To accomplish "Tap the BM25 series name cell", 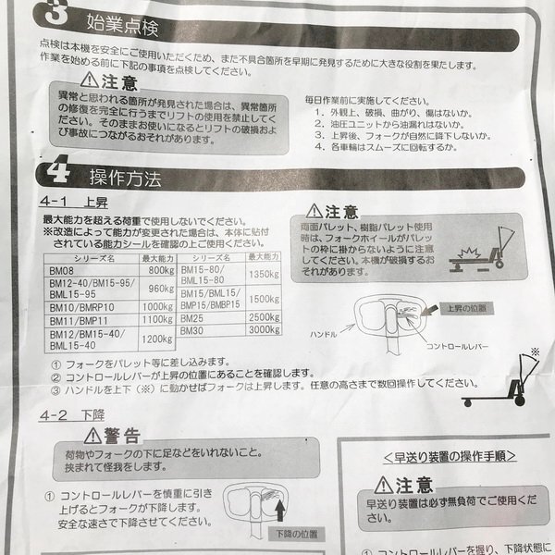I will tap(194, 316).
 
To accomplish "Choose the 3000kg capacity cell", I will tap(265, 329).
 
